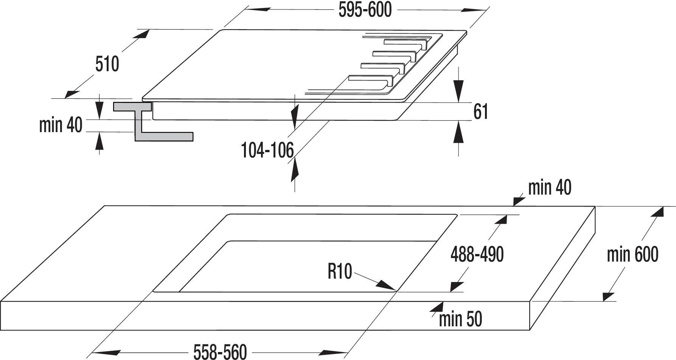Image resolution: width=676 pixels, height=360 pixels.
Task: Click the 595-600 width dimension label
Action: point(365,10)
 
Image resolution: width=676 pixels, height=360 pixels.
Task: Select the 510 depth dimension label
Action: point(107,64)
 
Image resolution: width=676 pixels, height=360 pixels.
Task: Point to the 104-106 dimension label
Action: point(267,150)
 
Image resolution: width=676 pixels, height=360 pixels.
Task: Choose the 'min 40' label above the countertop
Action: point(550,187)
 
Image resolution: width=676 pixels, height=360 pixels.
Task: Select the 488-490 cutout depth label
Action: point(477,254)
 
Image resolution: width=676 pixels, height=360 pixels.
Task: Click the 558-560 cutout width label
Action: point(220,352)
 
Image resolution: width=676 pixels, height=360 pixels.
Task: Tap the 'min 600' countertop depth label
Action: point(632,254)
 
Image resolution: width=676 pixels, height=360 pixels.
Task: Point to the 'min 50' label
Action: point(460,319)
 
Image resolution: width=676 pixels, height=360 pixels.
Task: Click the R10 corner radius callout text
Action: point(340,271)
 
